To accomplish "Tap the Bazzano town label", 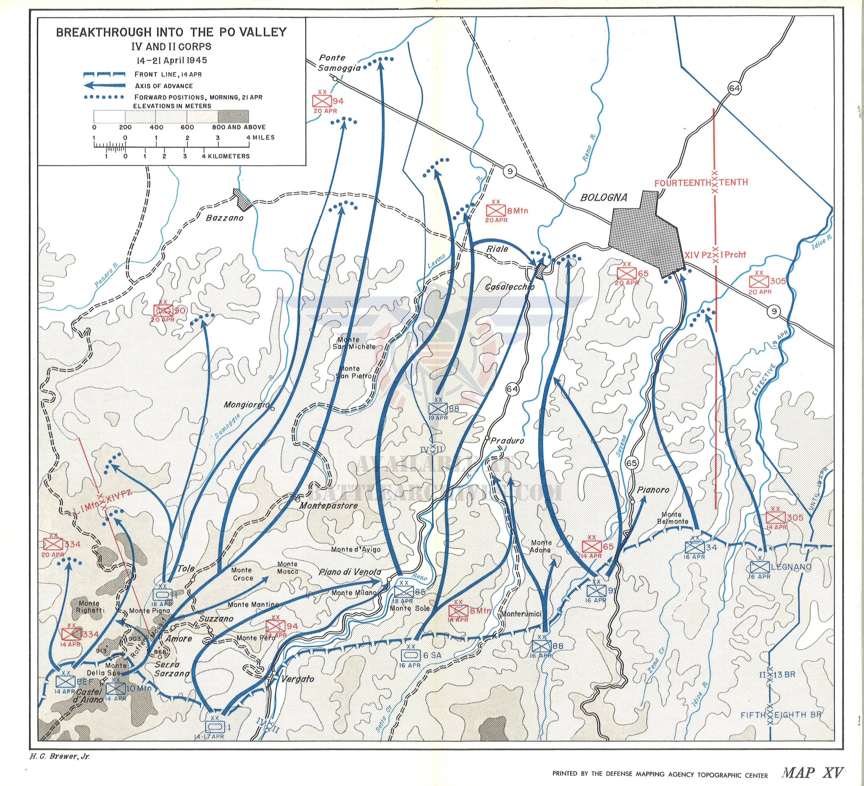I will click(x=225, y=218).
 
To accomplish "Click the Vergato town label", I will click(x=297, y=679).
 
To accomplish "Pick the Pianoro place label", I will click(x=653, y=490).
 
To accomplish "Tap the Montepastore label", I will click(x=328, y=505).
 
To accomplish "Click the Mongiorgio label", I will click(x=246, y=405).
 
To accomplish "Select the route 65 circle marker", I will click(x=631, y=463).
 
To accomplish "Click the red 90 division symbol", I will click(x=163, y=310).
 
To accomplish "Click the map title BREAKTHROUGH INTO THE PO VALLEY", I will click(x=172, y=32).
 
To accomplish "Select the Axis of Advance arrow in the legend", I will click(x=105, y=86).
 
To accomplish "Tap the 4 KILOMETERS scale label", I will click(x=226, y=156).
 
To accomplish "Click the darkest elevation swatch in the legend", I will click(x=233, y=116).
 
